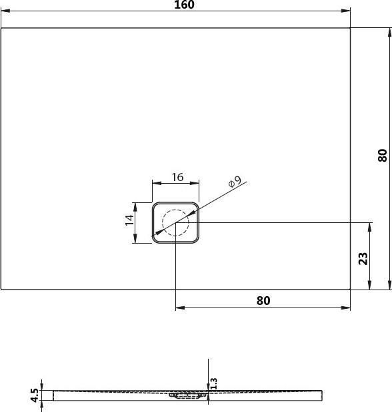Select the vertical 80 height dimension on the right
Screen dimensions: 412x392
click(382, 155)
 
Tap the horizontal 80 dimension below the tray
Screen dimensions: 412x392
click(263, 300)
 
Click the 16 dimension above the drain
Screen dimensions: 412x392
click(177, 177)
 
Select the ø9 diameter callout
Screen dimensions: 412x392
click(234, 183)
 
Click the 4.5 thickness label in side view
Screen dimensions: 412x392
click(34, 395)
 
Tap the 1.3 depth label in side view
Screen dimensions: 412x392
click(213, 384)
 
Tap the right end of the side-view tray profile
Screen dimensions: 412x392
click(324, 395)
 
